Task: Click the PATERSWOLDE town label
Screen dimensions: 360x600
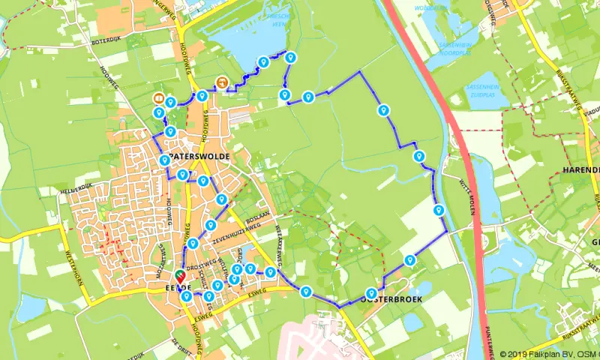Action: pyautogui.click(x=199, y=156)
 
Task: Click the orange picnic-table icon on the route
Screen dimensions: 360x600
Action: pyautogui.click(x=222, y=82)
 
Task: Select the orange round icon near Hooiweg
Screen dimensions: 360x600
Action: pyautogui.click(x=158, y=98)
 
